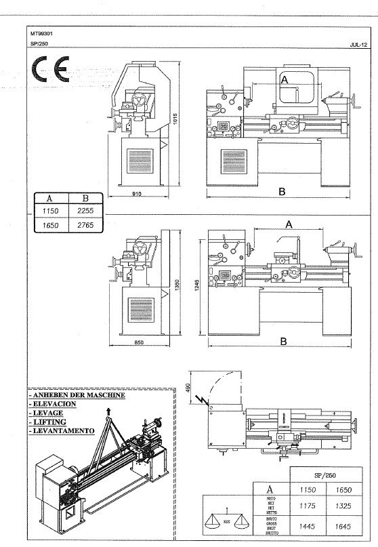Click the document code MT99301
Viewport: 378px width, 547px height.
(41, 32)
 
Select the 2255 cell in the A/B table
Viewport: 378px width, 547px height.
(85, 211)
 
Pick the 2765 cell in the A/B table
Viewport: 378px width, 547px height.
(85, 224)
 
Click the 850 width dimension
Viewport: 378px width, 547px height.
(138, 342)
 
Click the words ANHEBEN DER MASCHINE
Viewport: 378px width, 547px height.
(77, 395)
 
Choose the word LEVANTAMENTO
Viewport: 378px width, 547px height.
(62, 430)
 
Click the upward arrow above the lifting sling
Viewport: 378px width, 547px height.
(107, 411)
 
